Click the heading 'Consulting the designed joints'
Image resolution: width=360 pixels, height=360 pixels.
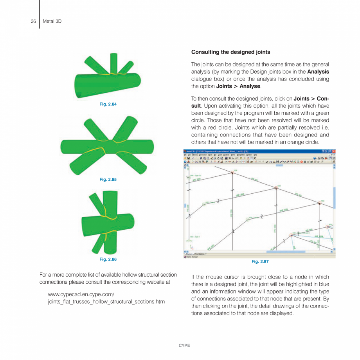(x=230, y=52)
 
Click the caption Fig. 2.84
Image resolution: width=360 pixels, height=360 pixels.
(x=108, y=104)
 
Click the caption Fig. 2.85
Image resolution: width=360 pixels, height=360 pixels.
(x=108, y=179)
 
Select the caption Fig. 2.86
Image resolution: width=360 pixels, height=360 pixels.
(x=108, y=259)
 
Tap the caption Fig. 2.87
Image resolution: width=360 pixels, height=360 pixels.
(x=260, y=261)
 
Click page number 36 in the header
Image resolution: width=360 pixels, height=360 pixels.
(x=33, y=21)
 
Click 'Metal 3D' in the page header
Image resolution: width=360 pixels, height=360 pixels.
(x=52, y=21)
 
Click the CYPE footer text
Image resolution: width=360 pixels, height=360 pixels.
(x=184, y=346)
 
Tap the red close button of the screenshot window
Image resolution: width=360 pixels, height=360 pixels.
(x=333, y=151)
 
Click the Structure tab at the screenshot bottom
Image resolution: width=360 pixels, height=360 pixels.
(x=189, y=254)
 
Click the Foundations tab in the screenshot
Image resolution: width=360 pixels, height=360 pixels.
(x=200, y=254)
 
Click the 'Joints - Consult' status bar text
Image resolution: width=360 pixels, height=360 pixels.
(x=191, y=257)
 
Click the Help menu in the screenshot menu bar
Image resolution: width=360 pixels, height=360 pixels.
(x=256, y=155)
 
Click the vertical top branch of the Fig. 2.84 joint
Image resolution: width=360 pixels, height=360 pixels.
(x=113, y=62)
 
